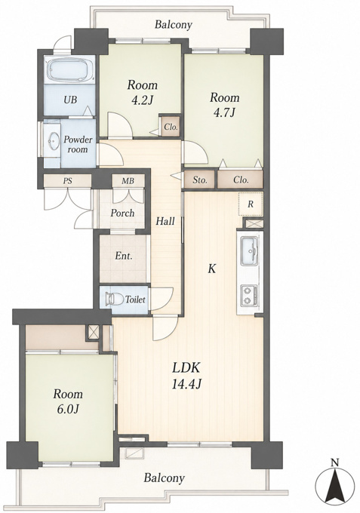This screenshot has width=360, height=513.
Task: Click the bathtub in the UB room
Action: [70, 69]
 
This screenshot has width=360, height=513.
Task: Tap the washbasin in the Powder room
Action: [52, 141]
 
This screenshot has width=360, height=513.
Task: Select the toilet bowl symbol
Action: [113, 299]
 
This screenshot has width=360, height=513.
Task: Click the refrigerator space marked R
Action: [251, 204]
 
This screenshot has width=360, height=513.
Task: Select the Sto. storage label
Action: [200, 180]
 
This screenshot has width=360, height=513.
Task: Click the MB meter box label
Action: [128, 180]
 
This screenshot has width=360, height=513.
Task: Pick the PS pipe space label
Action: [68, 180]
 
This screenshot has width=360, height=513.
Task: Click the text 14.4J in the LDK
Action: [186, 384]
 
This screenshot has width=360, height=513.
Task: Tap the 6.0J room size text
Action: [68, 409]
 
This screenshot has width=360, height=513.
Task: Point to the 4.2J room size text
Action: [143, 100]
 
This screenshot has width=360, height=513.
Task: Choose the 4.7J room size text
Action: [224, 112]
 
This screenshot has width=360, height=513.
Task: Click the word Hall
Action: [165, 222]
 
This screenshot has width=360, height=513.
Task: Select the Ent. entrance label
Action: [123, 256]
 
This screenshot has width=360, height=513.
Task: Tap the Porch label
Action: [122, 213]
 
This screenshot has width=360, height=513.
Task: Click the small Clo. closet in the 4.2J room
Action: [171, 127]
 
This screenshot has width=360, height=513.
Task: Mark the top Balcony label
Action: [173, 25]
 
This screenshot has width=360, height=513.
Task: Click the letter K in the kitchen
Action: [212, 269]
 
